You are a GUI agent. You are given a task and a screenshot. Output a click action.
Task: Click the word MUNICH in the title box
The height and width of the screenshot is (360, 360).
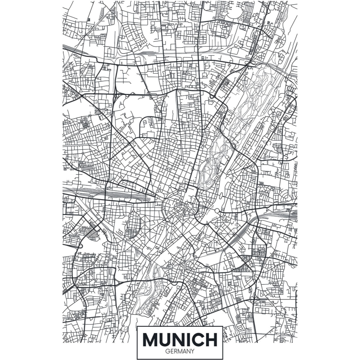coord(180,339)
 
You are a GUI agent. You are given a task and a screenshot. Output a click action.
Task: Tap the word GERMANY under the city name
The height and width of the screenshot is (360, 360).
coord(180,351)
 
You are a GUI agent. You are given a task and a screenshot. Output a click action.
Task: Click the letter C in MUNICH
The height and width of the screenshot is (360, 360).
coord(199,339)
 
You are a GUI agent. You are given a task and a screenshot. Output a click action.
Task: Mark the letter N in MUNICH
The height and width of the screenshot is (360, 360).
coord(180,339)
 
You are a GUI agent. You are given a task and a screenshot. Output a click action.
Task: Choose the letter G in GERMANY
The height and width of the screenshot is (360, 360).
coord(167,351)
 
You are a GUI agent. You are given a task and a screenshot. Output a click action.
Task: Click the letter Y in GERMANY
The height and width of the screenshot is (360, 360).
coord(192,351)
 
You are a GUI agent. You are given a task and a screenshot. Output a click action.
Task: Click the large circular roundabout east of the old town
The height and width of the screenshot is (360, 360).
coord(217,211)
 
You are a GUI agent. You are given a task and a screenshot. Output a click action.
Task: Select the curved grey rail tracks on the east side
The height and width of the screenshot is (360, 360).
coord(285,215)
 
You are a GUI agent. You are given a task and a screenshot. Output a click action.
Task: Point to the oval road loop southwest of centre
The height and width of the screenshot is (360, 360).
coord(133,224)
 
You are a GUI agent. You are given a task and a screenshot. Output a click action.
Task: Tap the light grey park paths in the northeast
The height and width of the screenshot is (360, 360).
coord(253,101)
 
